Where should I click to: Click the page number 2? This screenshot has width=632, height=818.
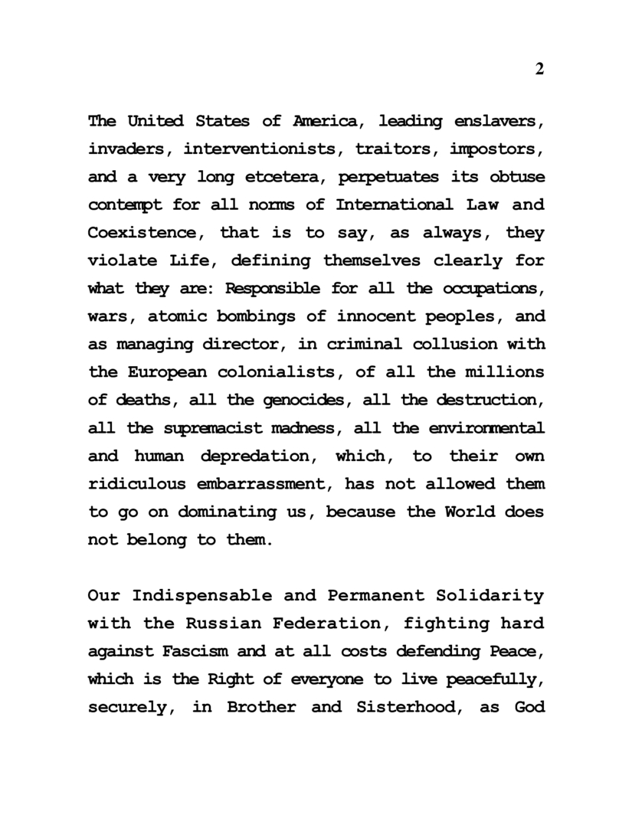pyautogui.click(x=539, y=69)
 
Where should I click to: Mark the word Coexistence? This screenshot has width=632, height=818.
pyautogui.click(x=146, y=233)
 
